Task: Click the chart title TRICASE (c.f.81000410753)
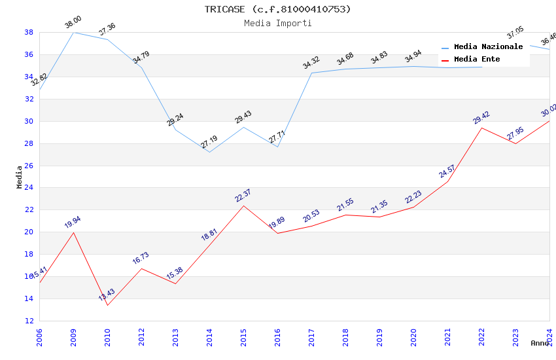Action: coord(278,9)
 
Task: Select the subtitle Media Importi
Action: coord(278,23)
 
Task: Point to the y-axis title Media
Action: coord(20,177)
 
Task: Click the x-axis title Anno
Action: coord(540,343)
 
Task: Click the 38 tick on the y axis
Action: coord(29,32)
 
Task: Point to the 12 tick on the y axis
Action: coord(29,321)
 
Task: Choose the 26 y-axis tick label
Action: coord(29,166)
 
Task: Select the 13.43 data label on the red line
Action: coord(107,295)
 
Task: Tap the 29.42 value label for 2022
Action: coord(481,118)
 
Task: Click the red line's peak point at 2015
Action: coord(243,206)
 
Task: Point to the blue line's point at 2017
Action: coord(311,73)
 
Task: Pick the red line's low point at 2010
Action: coord(107,305)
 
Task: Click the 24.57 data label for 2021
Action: coord(447,171)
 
